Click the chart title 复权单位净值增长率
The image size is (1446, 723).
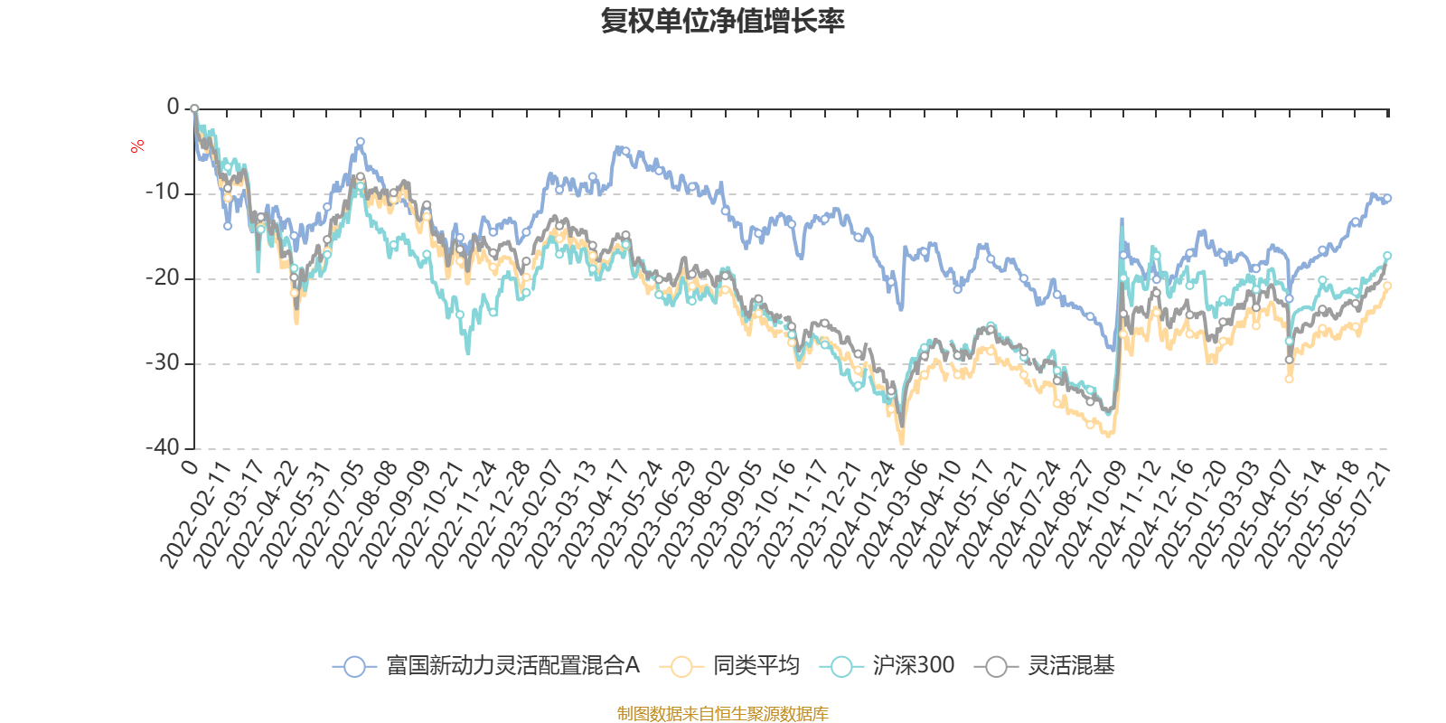point(723,21)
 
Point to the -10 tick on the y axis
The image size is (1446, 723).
point(163,192)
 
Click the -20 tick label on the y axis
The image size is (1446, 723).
point(163,277)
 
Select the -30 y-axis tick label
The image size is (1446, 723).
point(163,362)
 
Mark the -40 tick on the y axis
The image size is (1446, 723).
point(163,447)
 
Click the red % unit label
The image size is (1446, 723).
point(137,146)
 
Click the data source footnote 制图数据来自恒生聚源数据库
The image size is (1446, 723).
point(723,714)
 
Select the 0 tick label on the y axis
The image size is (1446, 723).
point(173,108)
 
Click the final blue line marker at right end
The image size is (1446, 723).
point(1387,198)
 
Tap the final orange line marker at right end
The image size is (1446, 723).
point(1387,286)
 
